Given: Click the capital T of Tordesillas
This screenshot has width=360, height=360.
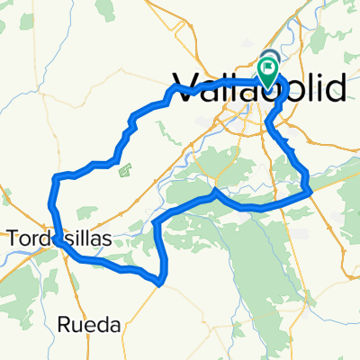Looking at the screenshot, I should pos(13,238).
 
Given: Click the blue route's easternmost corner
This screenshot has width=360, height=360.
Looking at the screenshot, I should pos(310,190).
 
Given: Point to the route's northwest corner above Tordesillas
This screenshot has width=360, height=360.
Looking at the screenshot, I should pos(58,176).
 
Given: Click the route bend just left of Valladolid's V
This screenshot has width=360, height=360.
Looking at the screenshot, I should pos(171,93).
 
